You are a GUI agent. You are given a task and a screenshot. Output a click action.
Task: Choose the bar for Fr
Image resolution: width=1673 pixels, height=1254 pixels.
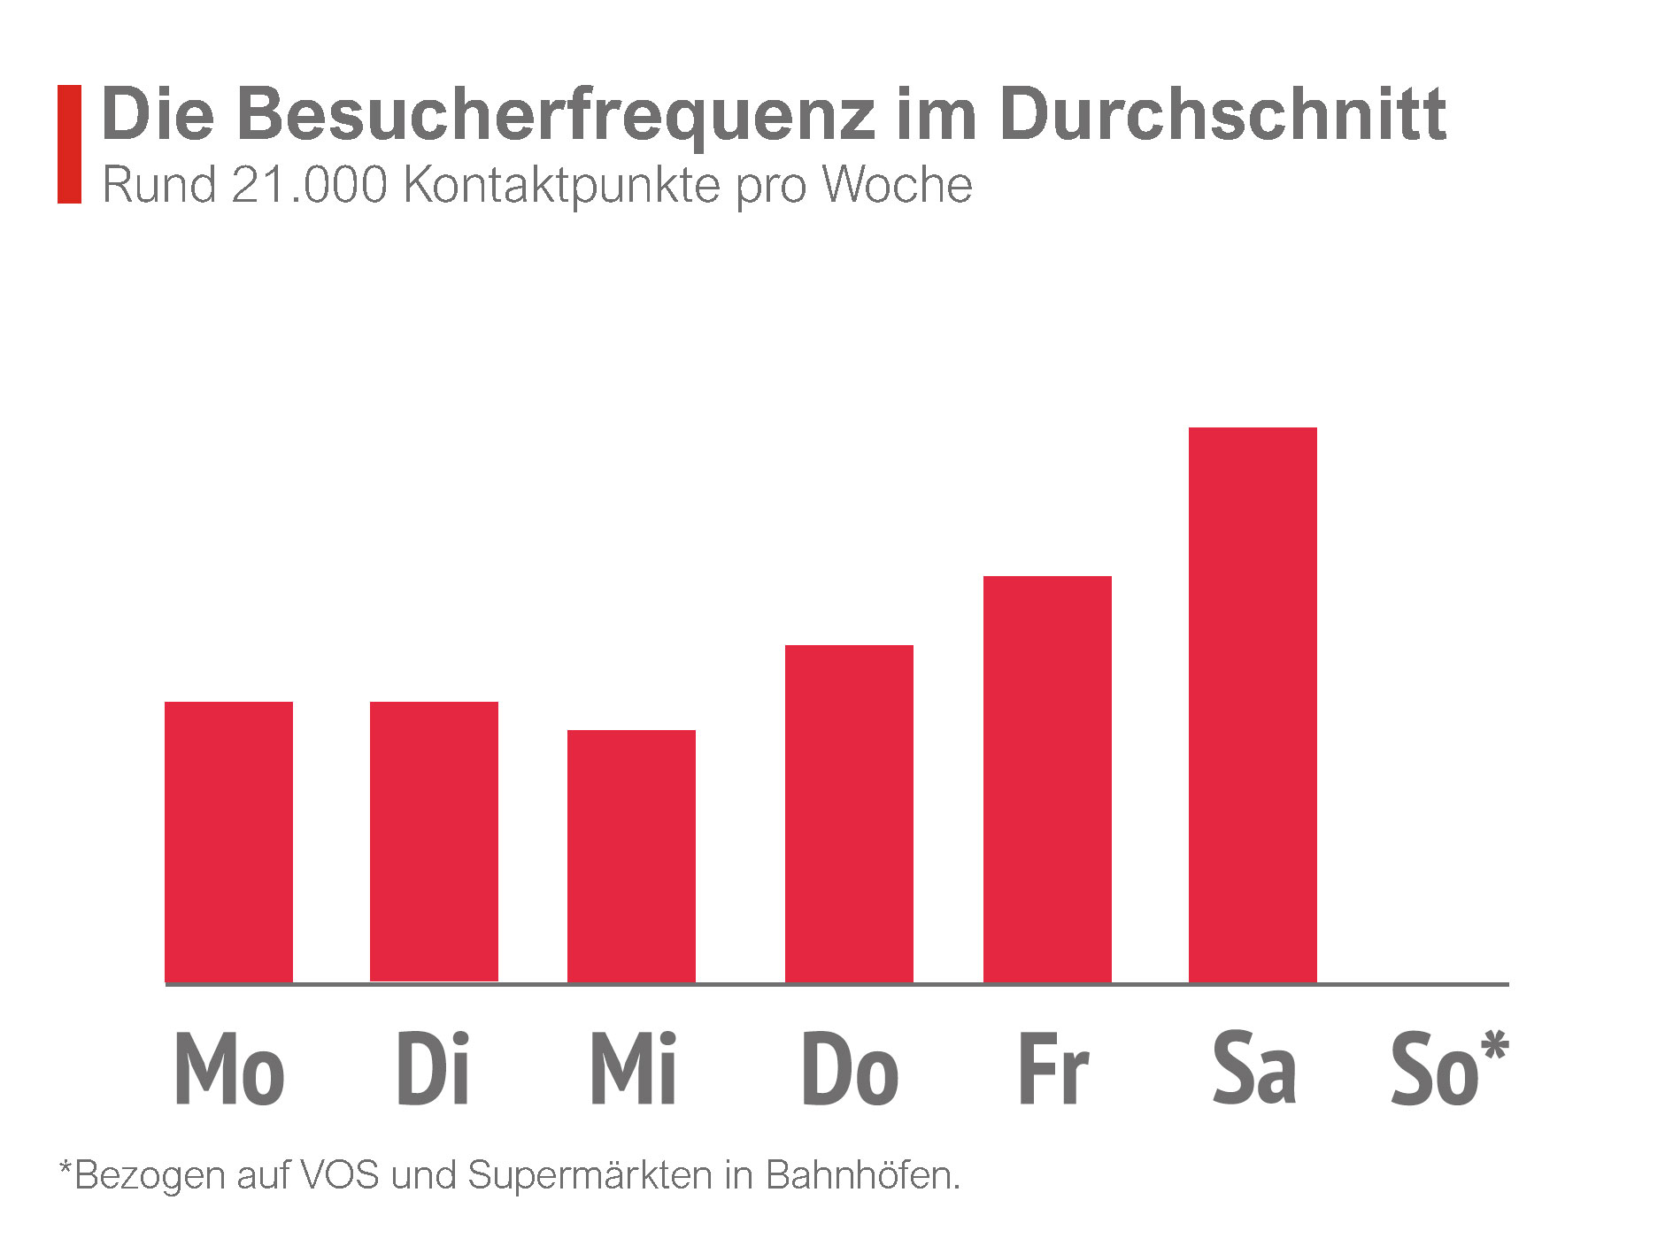coord(1047,778)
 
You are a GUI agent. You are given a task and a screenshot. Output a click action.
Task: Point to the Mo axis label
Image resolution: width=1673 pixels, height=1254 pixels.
coord(229,1069)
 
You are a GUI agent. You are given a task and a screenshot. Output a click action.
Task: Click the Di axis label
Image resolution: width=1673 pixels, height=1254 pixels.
coord(432,1069)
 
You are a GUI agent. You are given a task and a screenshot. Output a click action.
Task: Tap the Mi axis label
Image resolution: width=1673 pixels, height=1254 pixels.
coord(633,1069)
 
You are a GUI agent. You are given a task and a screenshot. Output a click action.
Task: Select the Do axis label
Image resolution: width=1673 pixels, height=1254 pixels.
coord(850,1069)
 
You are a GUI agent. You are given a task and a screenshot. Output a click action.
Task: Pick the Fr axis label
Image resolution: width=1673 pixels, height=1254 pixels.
coord(1052,1069)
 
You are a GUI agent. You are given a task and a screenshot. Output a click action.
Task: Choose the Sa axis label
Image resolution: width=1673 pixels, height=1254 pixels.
coord(1254,1069)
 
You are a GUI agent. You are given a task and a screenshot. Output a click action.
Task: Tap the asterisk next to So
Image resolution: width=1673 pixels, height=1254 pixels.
coord(1495,1047)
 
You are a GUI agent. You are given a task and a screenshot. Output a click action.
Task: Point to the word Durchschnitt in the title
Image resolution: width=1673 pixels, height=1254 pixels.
coord(1222,114)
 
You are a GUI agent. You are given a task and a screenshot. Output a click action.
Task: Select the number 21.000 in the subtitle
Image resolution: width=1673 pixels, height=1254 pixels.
coord(310,186)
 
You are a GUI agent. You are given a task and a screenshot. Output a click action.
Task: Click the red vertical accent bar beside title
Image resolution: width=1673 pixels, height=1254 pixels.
coord(69,144)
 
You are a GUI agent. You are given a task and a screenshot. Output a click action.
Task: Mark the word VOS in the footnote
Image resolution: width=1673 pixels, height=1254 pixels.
coord(340,1176)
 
